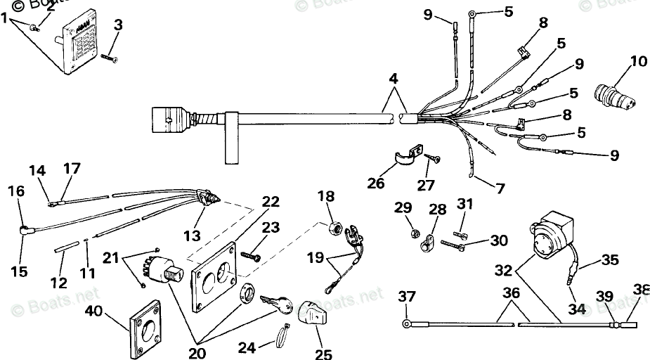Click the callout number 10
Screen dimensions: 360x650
[x=637, y=61]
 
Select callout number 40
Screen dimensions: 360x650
[x=98, y=311]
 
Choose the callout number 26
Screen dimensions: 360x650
[x=376, y=184]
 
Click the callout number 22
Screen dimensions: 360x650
[x=270, y=202]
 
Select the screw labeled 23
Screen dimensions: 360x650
[x=251, y=255]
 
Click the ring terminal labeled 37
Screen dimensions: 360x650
[x=407, y=323]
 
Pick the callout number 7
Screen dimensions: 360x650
[x=500, y=188]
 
